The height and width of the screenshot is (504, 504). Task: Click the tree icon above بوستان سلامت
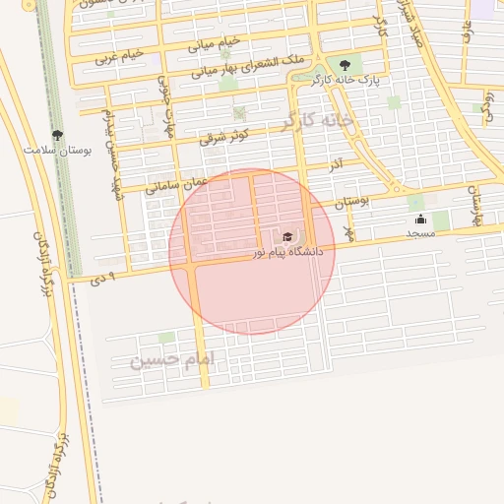click(x=56, y=135)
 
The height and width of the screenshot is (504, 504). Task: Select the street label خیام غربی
click(x=119, y=55)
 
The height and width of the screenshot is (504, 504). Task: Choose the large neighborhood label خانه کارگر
click(x=317, y=120)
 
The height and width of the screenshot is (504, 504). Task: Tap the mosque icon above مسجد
click(x=420, y=220)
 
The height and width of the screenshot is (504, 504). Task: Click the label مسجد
click(x=420, y=233)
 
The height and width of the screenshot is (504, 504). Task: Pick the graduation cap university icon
click(x=287, y=236)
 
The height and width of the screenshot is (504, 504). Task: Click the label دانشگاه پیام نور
click(x=286, y=253)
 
